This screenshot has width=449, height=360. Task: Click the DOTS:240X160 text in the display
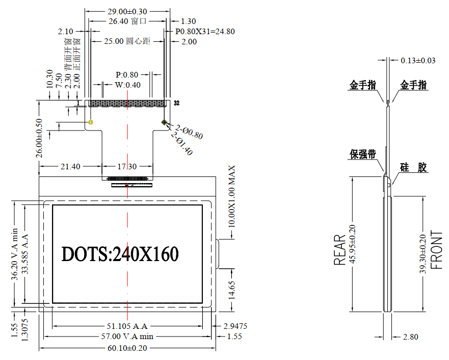[x=120, y=254]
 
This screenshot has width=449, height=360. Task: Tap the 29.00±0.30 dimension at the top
[x=127, y=11]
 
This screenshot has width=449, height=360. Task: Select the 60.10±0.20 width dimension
[x=127, y=348]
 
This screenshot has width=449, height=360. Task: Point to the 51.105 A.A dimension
[x=127, y=326]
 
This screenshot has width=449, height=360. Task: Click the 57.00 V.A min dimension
[x=127, y=336]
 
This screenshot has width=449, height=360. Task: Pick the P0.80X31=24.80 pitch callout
[x=205, y=31]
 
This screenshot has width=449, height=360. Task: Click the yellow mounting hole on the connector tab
[x=91, y=122]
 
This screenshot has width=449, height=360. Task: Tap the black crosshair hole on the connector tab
[x=164, y=122]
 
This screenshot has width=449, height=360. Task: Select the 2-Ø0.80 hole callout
[x=189, y=132]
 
